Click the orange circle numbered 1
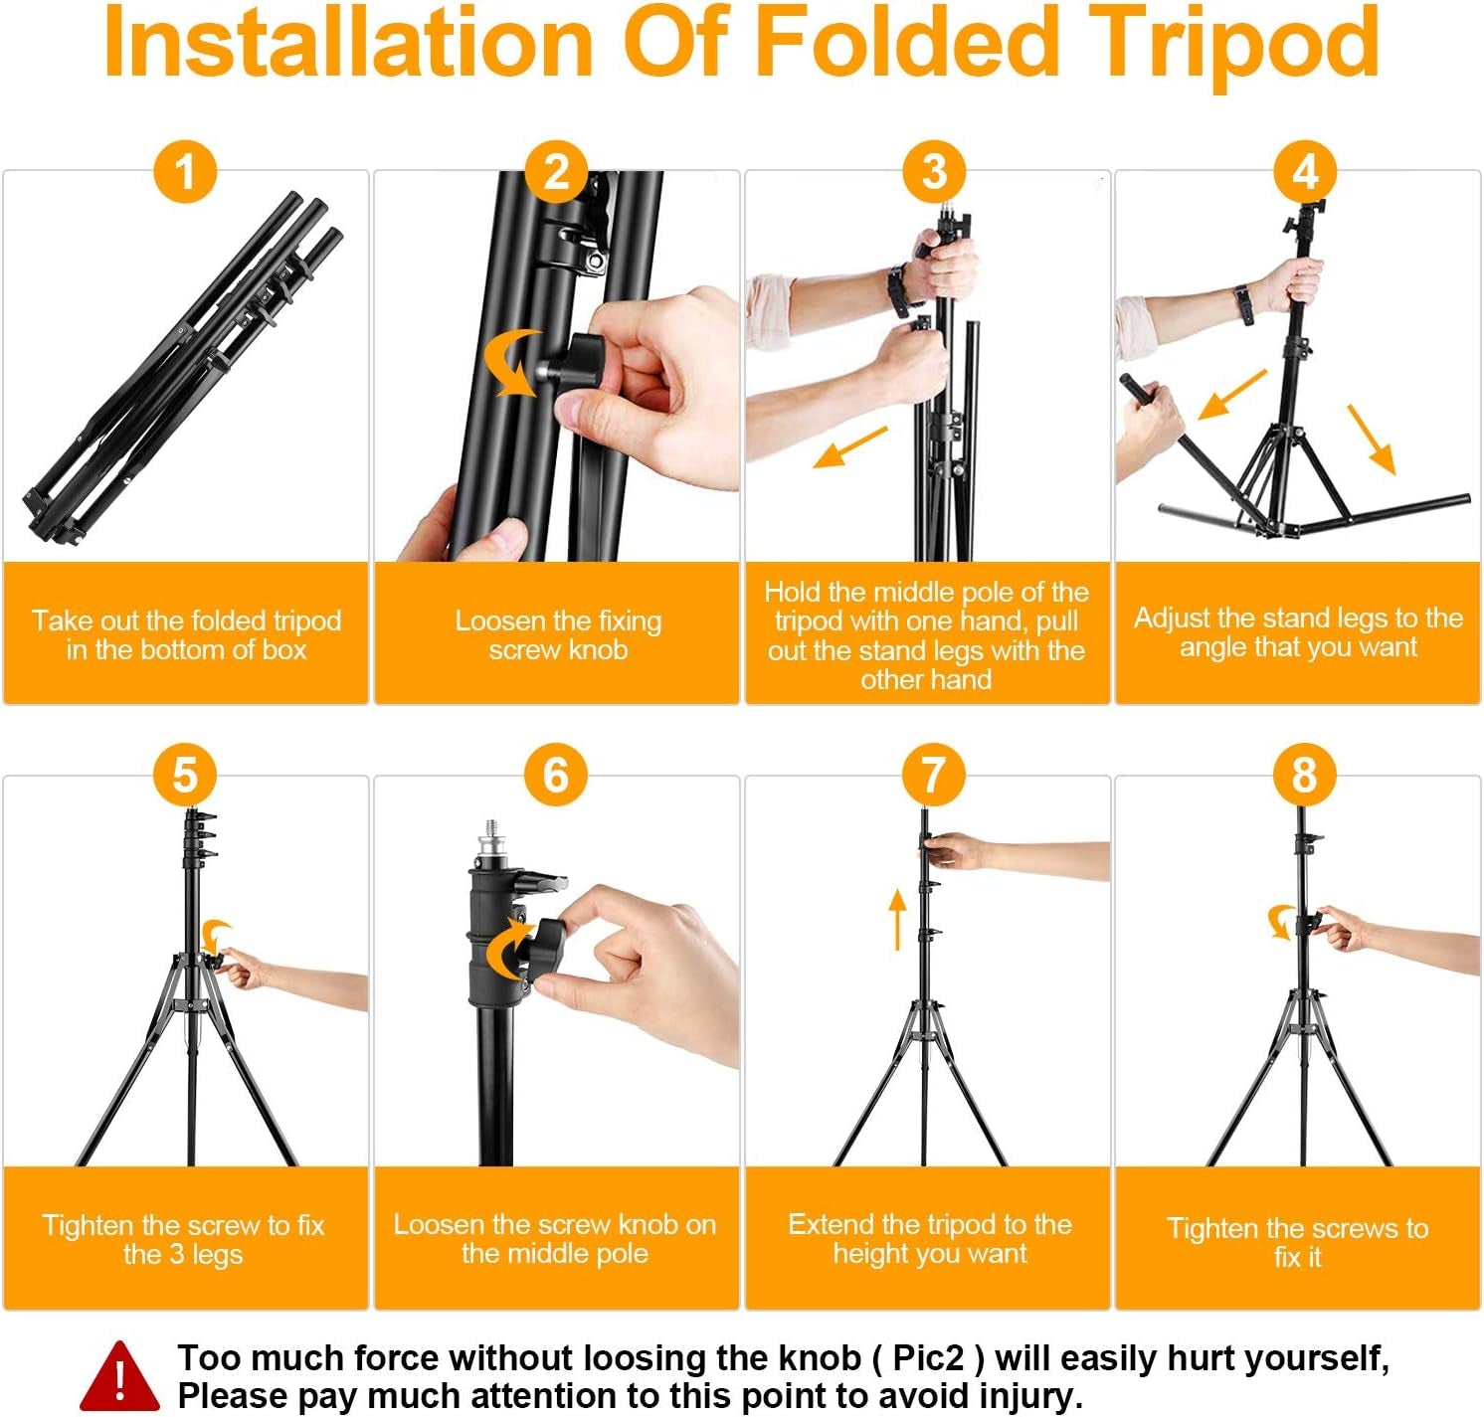point(185,171)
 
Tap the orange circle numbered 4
point(1305,171)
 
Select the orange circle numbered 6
point(556,776)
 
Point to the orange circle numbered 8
point(1305,776)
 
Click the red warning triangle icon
point(119,1378)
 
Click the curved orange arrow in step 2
point(511,364)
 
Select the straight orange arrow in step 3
point(849,447)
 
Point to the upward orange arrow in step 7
point(897,919)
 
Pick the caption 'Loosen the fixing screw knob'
point(558,634)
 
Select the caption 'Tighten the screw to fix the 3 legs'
point(184,1239)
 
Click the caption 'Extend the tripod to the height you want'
point(929,1238)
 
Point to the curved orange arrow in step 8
point(1281,921)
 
